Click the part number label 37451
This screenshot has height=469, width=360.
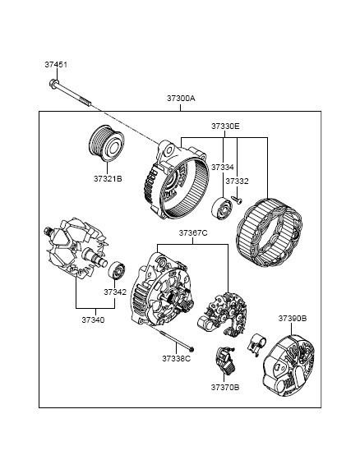click(x=56, y=65)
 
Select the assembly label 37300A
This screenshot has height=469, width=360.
click(x=181, y=98)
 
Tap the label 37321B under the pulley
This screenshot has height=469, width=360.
click(x=108, y=179)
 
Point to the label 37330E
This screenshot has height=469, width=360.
click(x=225, y=126)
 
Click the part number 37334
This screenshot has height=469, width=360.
click(x=223, y=168)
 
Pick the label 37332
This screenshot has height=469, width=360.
click(x=237, y=182)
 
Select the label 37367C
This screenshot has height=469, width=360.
click(x=193, y=232)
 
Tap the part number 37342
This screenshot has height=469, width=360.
click(x=115, y=292)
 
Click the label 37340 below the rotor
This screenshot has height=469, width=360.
click(x=93, y=320)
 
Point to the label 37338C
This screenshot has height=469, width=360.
click(x=176, y=358)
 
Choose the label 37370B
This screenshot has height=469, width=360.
click(x=225, y=388)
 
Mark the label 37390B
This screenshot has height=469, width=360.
click(x=293, y=319)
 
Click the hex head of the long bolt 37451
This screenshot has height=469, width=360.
click(x=53, y=83)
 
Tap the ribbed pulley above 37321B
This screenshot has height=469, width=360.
click(x=106, y=143)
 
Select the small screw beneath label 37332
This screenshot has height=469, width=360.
click(x=237, y=200)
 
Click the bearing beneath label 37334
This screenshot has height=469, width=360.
click(x=222, y=207)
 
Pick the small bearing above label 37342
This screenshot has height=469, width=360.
click(x=117, y=270)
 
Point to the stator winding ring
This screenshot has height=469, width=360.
click(x=269, y=232)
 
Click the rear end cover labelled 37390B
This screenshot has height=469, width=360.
click(x=288, y=366)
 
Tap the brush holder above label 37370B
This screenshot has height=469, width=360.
click(x=226, y=361)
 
